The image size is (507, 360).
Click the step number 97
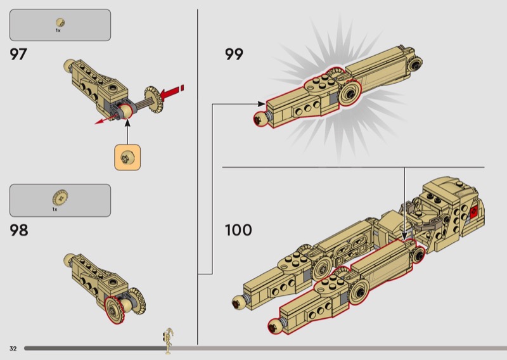click(18, 54)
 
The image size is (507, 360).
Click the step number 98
click(19, 230)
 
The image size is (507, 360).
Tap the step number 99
click(234, 54)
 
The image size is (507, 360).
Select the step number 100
click(238, 230)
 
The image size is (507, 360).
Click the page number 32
click(13, 349)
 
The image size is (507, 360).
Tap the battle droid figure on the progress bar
click(169, 341)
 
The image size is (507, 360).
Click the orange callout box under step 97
click(127, 158)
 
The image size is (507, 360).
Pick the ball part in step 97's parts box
click(60, 23)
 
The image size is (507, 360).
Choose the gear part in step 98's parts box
click(60, 198)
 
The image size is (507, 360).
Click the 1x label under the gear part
click(55, 209)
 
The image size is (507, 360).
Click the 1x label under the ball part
click(58, 30)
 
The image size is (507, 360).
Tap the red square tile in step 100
click(474, 212)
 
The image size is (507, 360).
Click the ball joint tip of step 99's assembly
click(260, 119)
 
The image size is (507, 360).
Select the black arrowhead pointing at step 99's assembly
click(262, 104)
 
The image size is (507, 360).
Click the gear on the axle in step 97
click(154, 99)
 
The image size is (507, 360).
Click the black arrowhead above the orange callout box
click(127, 122)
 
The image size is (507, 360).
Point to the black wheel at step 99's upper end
click(414, 64)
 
